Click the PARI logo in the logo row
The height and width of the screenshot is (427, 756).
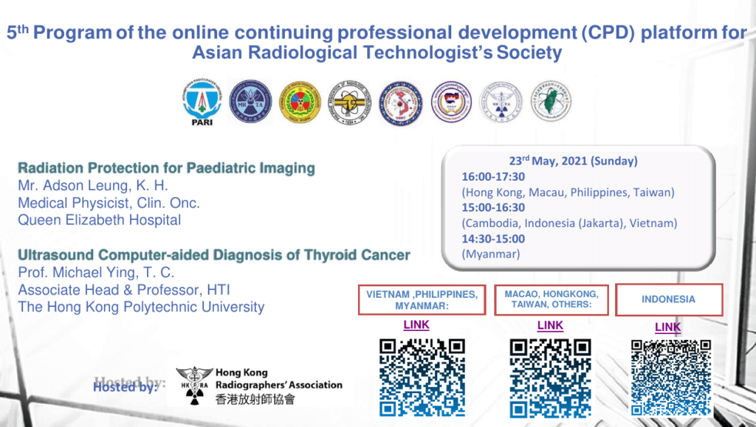point(202,103)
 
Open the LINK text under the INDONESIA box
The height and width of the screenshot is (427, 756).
point(668,327)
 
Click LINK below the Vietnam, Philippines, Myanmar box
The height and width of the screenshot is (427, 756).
point(416,324)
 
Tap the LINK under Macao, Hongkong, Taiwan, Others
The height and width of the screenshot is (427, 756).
point(550,324)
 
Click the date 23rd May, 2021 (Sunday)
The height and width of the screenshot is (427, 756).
point(573,161)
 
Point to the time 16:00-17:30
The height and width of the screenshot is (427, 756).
point(494,177)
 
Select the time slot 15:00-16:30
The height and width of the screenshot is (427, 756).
point(494,207)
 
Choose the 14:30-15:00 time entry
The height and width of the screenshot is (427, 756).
point(494,238)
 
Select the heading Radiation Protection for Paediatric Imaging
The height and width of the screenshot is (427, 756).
point(166,168)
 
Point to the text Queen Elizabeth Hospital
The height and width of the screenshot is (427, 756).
point(99,219)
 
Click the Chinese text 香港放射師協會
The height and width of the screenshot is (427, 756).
point(255,399)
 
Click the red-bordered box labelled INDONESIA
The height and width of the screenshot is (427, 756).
point(668,299)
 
